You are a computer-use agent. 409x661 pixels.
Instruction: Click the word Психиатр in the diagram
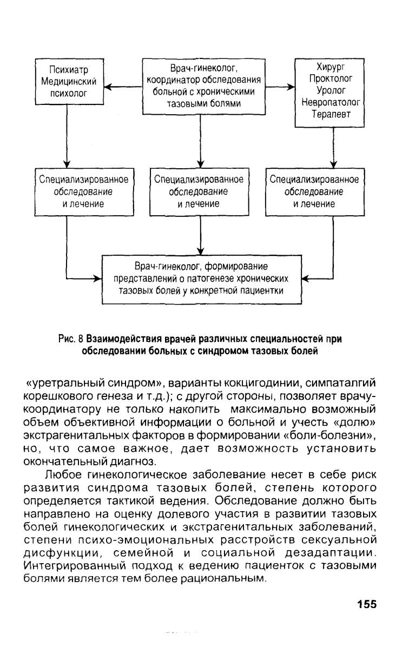coord(69,70)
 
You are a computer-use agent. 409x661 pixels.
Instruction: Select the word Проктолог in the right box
coord(331,78)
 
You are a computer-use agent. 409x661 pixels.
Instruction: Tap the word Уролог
coord(331,90)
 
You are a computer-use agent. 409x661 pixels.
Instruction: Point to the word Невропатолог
coord(331,102)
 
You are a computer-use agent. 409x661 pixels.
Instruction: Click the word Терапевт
coord(331,114)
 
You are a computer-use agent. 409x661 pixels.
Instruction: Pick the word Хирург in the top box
coord(331,67)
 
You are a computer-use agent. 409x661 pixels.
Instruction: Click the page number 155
coord(367,604)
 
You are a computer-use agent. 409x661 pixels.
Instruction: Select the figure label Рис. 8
coord(71,339)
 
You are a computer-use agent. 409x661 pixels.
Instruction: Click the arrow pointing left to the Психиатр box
coord(123,87)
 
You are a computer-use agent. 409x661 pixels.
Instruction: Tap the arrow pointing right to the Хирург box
coord(280,87)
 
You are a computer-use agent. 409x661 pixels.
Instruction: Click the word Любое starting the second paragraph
coord(63,475)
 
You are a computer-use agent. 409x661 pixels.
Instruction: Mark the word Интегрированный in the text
coord(75,566)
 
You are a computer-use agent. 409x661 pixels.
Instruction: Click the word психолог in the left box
coord(69,93)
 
